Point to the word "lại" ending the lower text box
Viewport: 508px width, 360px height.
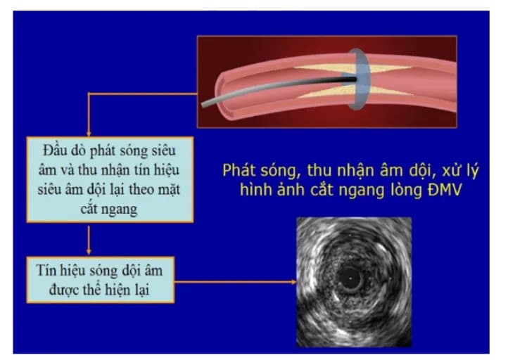click(146, 288)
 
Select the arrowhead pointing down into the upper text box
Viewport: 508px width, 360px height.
click(87, 134)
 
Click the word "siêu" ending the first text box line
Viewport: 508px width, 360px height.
click(160, 150)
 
